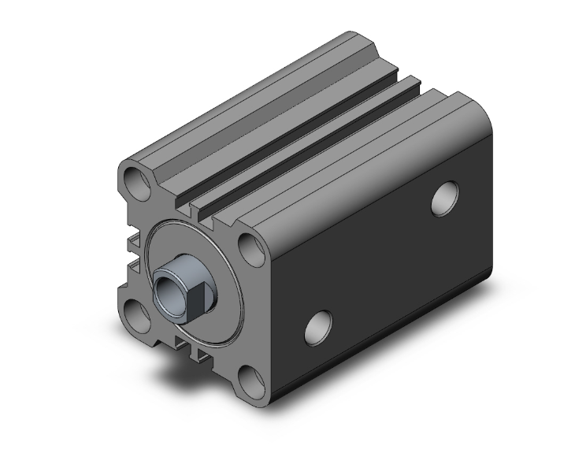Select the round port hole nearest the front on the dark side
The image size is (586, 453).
point(317,325)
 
